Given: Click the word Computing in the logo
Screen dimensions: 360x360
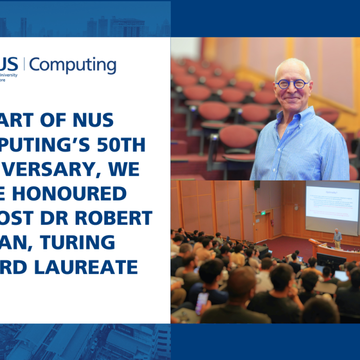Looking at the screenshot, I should [73, 66].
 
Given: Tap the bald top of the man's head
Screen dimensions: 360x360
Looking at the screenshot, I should [291, 64].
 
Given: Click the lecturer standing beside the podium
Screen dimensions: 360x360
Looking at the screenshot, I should [337, 238].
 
